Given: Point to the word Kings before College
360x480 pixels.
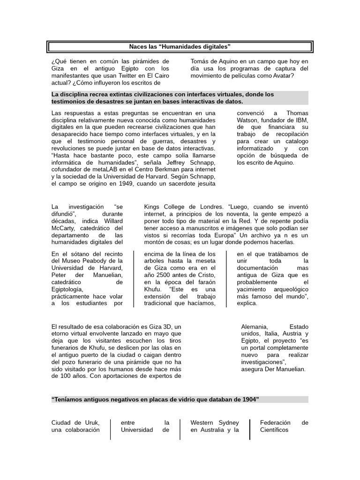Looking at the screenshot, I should [x=153, y=207].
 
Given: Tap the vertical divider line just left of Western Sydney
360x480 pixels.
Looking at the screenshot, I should [x=180, y=429].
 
